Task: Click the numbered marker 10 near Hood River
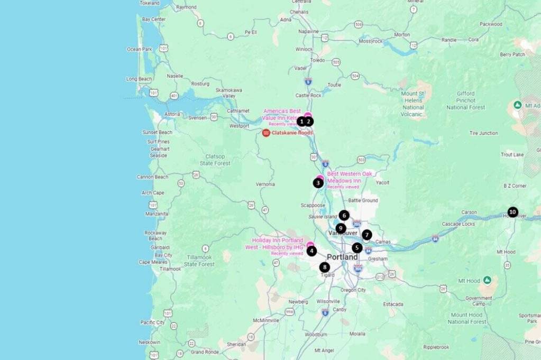pyautogui.click(x=512, y=213)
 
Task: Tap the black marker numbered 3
pyautogui.click(x=318, y=183)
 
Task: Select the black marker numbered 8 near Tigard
pyautogui.click(x=325, y=267)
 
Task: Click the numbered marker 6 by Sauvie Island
pyautogui.click(x=344, y=215)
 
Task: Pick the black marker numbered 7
pyautogui.click(x=367, y=235)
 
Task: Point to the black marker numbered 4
pyautogui.click(x=311, y=251)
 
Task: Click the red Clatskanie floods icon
pyautogui.click(x=266, y=133)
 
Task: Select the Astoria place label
pyautogui.click(x=172, y=114)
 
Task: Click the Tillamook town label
pyautogui.click(x=170, y=269)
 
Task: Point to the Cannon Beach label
pyautogui.click(x=153, y=177)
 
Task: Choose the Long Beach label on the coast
pyautogui.click(x=139, y=79)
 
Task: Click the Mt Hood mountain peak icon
pyautogui.click(x=487, y=280)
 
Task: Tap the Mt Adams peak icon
pyautogui.click(x=518, y=105)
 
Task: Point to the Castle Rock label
pyautogui.click(x=308, y=96)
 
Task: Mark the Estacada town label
pyautogui.click(x=393, y=304)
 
